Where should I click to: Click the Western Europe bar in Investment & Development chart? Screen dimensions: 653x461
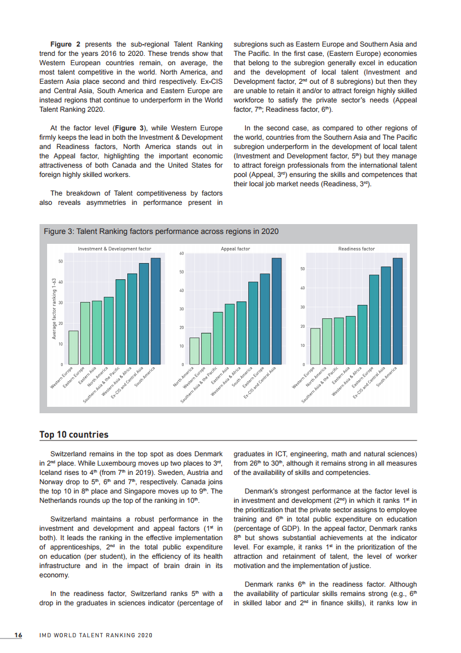click(x=73, y=347)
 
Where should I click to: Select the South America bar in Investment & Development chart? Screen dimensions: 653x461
click(x=155, y=311)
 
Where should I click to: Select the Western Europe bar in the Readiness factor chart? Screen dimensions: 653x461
click(x=315, y=346)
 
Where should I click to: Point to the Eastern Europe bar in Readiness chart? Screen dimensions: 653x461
click(x=374, y=320)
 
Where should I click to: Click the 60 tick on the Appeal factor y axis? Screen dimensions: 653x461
click(x=181, y=254)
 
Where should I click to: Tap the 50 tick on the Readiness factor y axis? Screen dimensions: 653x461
click(x=302, y=269)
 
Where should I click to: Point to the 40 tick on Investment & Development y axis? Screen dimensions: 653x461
click(x=60, y=282)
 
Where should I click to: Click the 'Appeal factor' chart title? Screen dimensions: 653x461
click(x=235, y=249)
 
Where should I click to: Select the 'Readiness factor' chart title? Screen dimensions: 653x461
click(x=356, y=249)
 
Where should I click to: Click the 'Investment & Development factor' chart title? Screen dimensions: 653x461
click(x=115, y=249)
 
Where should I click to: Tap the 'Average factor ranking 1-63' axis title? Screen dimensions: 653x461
click(x=53, y=308)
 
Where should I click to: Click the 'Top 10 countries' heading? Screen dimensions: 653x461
click(x=74, y=435)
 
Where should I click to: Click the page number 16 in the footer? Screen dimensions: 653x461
click(x=18, y=635)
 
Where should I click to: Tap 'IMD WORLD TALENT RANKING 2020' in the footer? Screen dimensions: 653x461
click(x=95, y=635)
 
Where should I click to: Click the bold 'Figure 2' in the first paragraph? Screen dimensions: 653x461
click(x=69, y=44)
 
